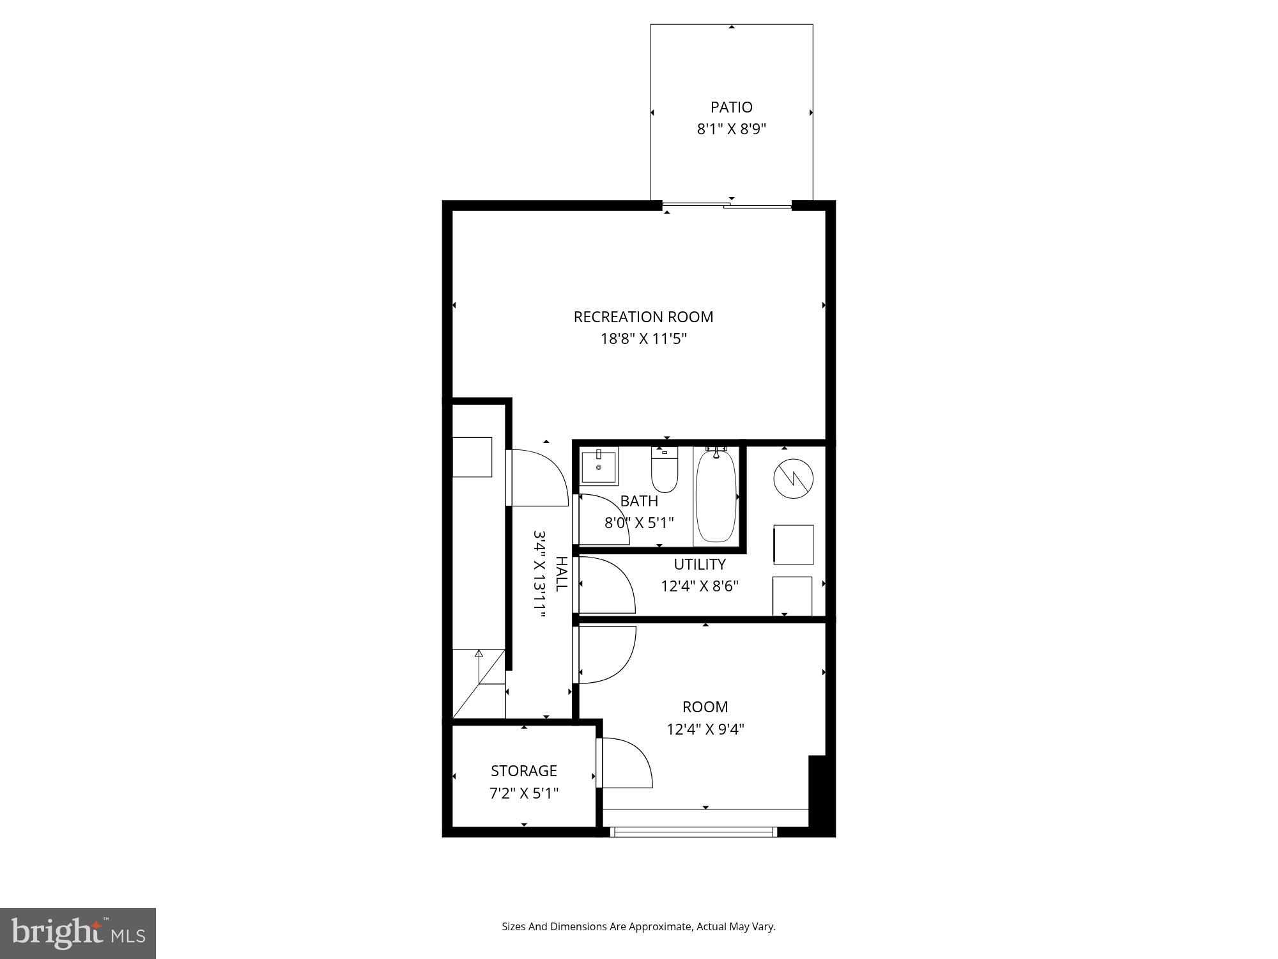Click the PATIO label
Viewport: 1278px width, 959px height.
pos(731,107)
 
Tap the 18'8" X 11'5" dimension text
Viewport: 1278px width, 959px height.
pos(643,339)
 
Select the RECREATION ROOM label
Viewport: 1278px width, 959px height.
pos(643,316)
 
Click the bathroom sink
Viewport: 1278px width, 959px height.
pos(599,467)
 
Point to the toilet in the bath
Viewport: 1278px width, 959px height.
pos(665,470)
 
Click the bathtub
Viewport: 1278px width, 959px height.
pos(716,495)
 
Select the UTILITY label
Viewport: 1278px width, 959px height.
pos(700,564)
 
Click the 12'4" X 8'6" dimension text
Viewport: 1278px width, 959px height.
pos(700,586)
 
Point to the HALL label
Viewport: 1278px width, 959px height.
pos(561,573)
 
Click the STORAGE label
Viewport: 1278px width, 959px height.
pos(523,770)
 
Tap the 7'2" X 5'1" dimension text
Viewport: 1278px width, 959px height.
pos(523,793)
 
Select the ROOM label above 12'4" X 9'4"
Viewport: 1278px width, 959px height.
pos(705,706)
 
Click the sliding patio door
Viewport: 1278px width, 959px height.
pos(727,205)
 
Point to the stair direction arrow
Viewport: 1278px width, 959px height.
pos(479,653)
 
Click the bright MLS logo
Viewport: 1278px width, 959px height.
pos(77,933)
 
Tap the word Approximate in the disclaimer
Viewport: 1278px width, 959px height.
pos(661,926)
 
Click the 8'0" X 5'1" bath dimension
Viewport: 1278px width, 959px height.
pos(639,523)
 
